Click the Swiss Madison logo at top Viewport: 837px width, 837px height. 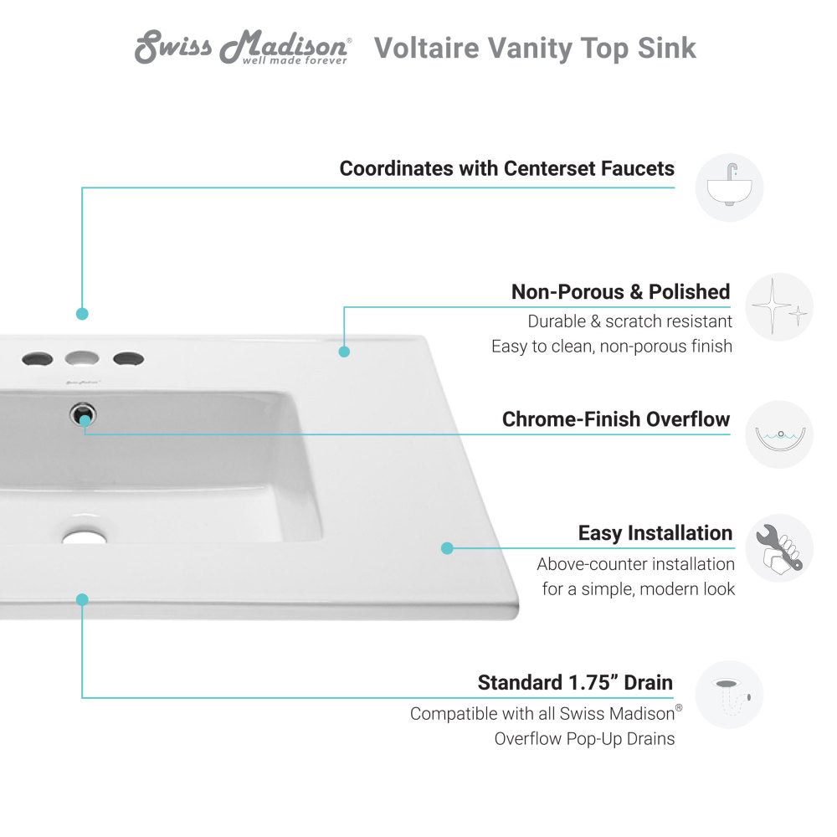243,48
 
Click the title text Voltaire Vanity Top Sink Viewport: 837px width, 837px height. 535,48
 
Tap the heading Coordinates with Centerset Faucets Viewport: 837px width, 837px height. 506,168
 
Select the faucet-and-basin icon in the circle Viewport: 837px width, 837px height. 729,187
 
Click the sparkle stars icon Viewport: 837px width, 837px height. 778,306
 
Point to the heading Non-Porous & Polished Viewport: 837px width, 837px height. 620,292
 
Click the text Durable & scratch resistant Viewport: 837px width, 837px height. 629,321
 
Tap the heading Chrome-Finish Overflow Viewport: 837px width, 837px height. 615,419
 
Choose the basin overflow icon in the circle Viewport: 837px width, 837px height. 778,434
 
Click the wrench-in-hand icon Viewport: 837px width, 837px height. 778,547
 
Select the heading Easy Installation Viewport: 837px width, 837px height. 655,533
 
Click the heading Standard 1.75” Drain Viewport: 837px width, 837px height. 575,682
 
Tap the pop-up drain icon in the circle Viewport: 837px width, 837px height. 729,694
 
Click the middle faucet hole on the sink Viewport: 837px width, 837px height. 82,358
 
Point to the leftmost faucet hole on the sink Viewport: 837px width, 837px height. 37,359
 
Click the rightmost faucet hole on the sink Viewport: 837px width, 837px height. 128,358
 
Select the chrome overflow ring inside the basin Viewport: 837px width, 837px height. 84,413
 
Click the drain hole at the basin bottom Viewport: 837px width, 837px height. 84,537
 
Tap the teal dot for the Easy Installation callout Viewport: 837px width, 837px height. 447,548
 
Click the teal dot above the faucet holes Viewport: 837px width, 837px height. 82,314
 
